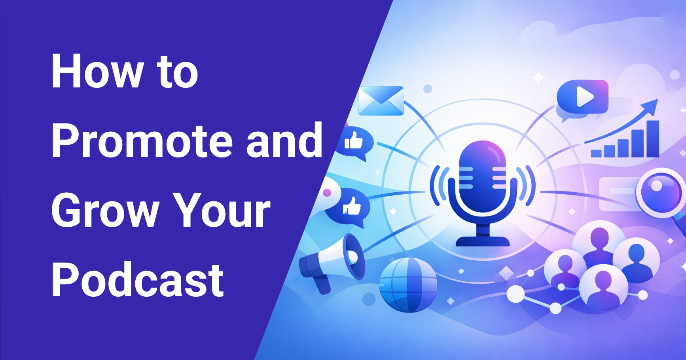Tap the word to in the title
178,72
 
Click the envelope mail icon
381,101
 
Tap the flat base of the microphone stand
483,241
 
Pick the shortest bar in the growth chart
596,153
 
